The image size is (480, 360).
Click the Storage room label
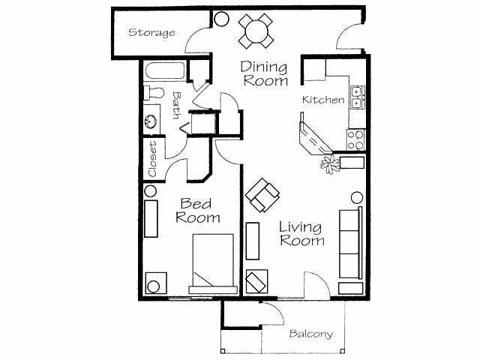pyautogui.click(x=151, y=33)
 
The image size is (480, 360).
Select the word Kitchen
pyautogui.click(x=323, y=100)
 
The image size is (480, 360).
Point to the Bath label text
pyautogui.click(x=176, y=105)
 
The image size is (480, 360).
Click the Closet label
pyautogui.click(x=152, y=159)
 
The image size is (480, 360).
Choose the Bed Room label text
pyautogui.click(x=198, y=210)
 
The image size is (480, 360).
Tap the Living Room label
pyautogui.click(x=301, y=233)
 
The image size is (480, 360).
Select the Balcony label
pyautogui.click(x=310, y=334)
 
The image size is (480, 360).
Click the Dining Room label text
pyautogui.click(x=264, y=73)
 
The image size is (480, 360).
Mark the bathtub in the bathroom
pyautogui.click(x=163, y=73)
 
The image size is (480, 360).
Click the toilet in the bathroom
pyautogui.click(x=153, y=94)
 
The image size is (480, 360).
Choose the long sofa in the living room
pyautogui.click(x=350, y=241)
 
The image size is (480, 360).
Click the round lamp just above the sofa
pyautogui.click(x=357, y=198)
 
